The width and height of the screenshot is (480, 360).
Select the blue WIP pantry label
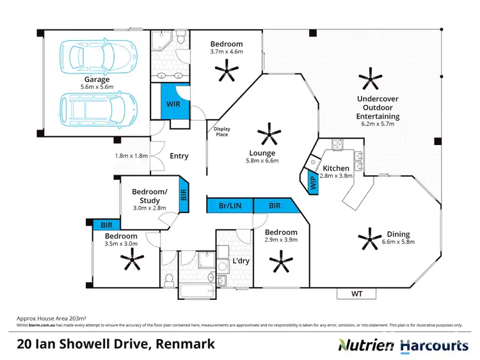tap(313, 182)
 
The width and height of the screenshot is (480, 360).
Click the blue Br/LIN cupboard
tap(229, 205)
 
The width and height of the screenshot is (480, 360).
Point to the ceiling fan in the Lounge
tap(269, 135)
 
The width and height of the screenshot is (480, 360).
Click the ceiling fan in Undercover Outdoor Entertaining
tap(370, 80)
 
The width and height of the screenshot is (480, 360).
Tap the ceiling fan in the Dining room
tap(371, 242)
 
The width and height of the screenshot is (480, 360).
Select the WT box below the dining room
tap(357, 293)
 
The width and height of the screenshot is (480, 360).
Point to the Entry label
tap(179, 155)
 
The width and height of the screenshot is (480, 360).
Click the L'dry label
tap(241, 261)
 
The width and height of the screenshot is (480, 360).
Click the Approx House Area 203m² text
tap(51, 318)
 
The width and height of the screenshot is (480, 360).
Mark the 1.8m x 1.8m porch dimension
tap(131, 155)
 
